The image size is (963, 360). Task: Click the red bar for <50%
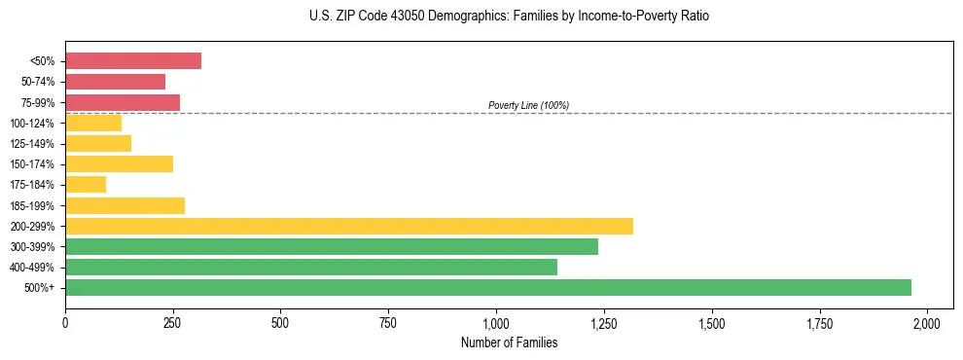tap(133, 60)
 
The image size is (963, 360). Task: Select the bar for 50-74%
tap(115, 82)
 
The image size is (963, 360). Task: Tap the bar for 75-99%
tap(123, 102)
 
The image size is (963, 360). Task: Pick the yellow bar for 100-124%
tap(93, 123)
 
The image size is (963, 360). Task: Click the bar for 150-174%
tap(119, 163)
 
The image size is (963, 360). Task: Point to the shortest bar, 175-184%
tap(86, 184)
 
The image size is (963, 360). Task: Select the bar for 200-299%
tap(349, 226)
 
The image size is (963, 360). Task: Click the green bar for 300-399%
tap(332, 246)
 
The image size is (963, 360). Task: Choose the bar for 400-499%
tap(311, 267)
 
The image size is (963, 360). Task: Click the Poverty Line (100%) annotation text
tap(528, 105)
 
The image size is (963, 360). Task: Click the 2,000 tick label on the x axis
tap(927, 322)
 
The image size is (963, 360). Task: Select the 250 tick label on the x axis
tap(172, 322)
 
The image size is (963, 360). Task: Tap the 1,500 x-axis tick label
tap(712, 322)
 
